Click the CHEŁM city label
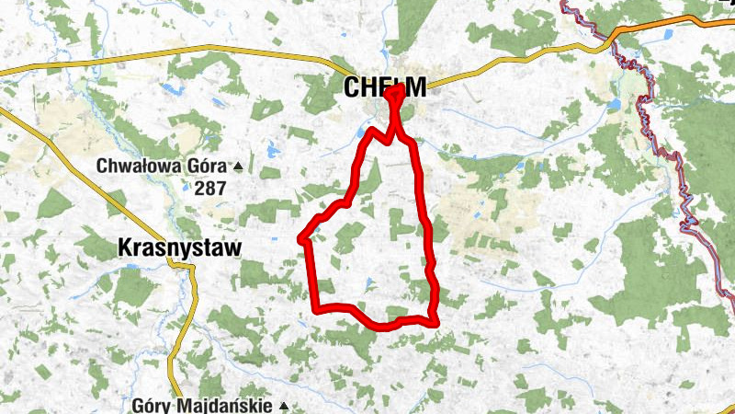tap(385, 87)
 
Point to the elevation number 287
tap(210, 188)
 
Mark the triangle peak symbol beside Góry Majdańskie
tap(285, 406)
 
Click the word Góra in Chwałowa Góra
tap(209, 167)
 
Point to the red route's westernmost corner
tap(301, 238)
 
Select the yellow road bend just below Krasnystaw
tap(191, 268)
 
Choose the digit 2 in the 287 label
tap(199, 188)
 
